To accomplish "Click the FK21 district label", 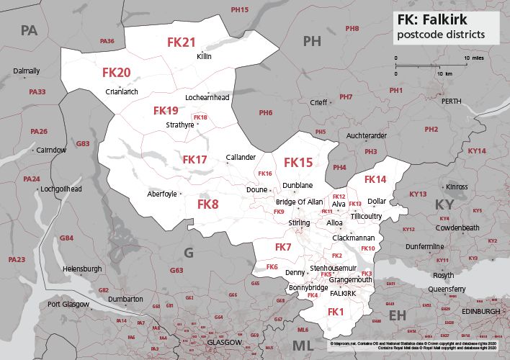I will (x=182, y=42).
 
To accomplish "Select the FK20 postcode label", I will (x=116, y=73).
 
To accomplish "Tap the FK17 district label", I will (x=194, y=159).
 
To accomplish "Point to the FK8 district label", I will (x=207, y=204).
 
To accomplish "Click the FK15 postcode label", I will (x=298, y=163).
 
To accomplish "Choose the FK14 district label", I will (x=375, y=179).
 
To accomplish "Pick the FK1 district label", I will (x=336, y=312).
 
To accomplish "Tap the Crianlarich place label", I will (x=121, y=91).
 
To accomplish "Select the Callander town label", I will (x=241, y=157).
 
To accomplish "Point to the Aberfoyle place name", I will (x=162, y=194).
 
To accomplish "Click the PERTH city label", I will (x=451, y=102).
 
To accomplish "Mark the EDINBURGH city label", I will (x=480, y=311).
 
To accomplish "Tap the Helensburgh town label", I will (x=83, y=269).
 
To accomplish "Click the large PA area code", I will (x=29, y=30).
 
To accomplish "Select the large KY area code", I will (x=444, y=205).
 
